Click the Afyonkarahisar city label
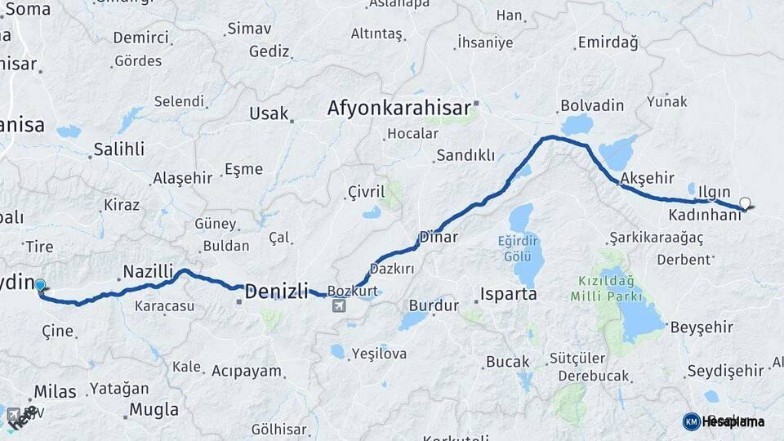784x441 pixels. pyautogui.click(x=399, y=109)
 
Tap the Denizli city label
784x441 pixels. pyautogui.click(x=277, y=291)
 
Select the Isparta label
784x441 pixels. pyautogui.click(x=508, y=294)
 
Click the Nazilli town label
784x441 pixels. pyautogui.click(x=148, y=271)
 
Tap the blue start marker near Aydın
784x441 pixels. pyautogui.click(x=40, y=285)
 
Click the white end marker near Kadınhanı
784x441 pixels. pyautogui.click(x=745, y=203)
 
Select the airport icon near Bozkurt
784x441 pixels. pyautogui.click(x=339, y=306)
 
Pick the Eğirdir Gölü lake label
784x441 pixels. pyautogui.click(x=518, y=247)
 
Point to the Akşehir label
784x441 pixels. pyautogui.click(x=647, y=178)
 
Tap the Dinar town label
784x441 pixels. pyautogui.click(x=439, y=238)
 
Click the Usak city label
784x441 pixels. pyautogui.click(x=269, y=114)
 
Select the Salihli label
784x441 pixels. pyautogui.click(x=118, y=149)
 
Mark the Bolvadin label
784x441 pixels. pyautogui.click(x=592, y=106)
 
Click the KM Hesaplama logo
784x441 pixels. pyautogui.click(x=724, y=421)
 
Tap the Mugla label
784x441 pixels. pyautogui.click(x=154, y=409)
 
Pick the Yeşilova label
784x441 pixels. pyautogui.click(x=378, y=354)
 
